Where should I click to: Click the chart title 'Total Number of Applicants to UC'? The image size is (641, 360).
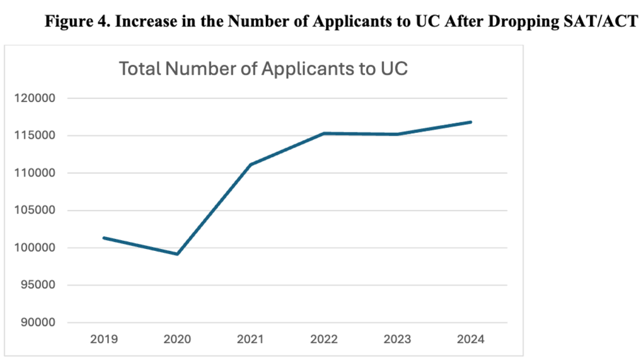(x=264, y=68)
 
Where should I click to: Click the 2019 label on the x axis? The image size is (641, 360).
(x=103, y=340)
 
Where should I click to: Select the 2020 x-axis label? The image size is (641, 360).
(x=177, y=340)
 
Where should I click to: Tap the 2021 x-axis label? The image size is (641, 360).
(x=250, y=340)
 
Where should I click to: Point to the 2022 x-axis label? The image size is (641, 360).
(x=324, y=340)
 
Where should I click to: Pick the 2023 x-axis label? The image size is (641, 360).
(x=398, y=340)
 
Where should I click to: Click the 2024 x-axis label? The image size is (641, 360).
(x=471, y=340)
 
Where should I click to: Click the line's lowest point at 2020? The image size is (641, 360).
(x=177, y=254)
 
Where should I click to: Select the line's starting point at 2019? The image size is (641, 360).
(x=104, y=238)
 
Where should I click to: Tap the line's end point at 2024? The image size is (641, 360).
(x=471, y=122)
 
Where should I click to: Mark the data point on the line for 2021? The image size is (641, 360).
(x=250, y=164)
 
